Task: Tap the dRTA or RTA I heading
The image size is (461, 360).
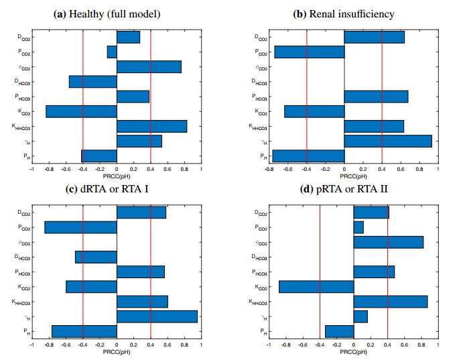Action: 117,189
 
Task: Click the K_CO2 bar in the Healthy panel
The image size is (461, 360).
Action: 81,111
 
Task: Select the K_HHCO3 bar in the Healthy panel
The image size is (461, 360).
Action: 151,126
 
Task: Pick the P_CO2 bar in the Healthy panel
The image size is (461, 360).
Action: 112,52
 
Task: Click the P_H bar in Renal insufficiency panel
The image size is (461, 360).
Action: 308,156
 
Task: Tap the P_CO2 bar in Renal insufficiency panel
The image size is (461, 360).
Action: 310,52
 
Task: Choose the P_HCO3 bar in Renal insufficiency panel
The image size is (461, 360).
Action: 376,97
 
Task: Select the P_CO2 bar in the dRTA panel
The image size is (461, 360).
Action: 80,227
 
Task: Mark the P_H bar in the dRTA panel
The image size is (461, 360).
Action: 84,331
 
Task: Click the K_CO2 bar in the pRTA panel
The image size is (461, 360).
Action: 316,286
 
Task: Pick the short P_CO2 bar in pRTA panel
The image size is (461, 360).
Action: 358,227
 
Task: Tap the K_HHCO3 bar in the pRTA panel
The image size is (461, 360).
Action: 390,302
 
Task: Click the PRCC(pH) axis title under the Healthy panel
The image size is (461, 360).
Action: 117,177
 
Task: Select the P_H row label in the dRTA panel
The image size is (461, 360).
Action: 23,331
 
